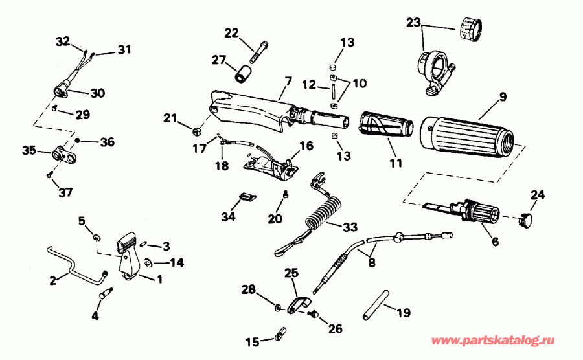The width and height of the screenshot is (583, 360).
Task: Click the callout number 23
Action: (413, 23)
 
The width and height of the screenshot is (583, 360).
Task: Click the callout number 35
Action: (28, 151)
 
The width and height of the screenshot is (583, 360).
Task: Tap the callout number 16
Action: (306, 146)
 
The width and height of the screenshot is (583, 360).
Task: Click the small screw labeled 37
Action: (50, 174)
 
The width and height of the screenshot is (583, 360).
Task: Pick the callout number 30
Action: (97, 93)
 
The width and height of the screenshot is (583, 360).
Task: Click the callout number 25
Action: (291, 274)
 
